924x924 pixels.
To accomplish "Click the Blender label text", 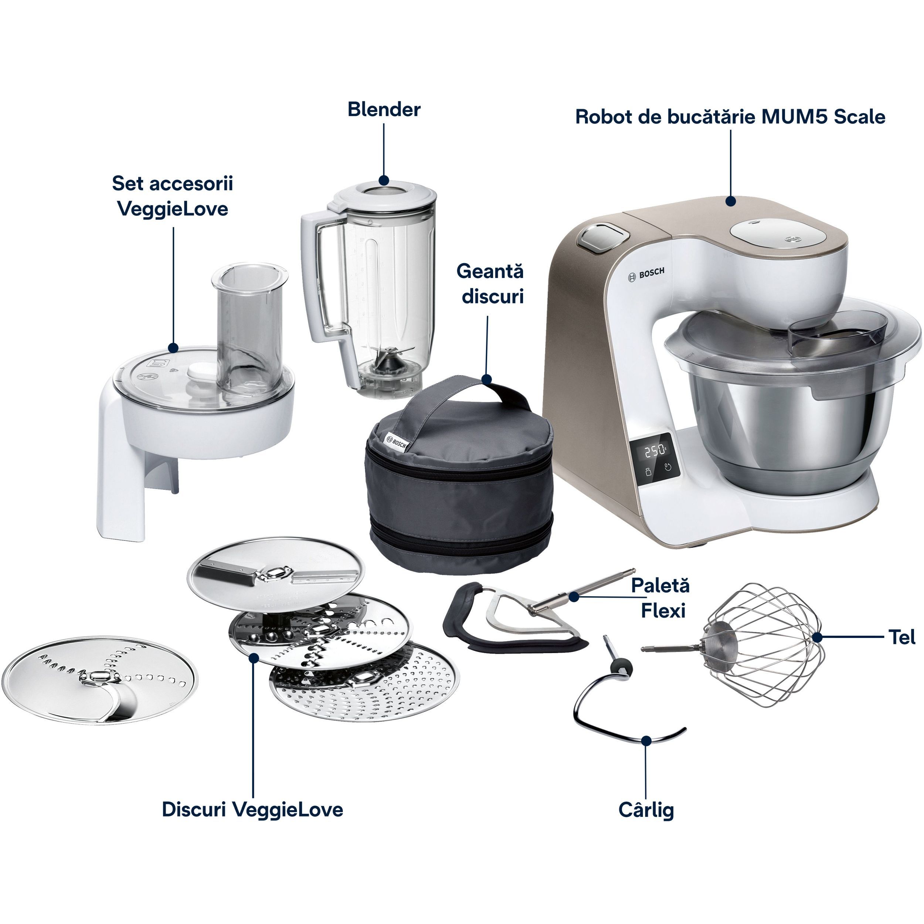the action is point(384,109).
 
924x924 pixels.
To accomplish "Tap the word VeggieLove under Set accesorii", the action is point(173,209).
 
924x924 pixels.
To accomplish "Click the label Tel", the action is point(902,638).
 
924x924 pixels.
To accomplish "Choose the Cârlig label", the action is point(646,810).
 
